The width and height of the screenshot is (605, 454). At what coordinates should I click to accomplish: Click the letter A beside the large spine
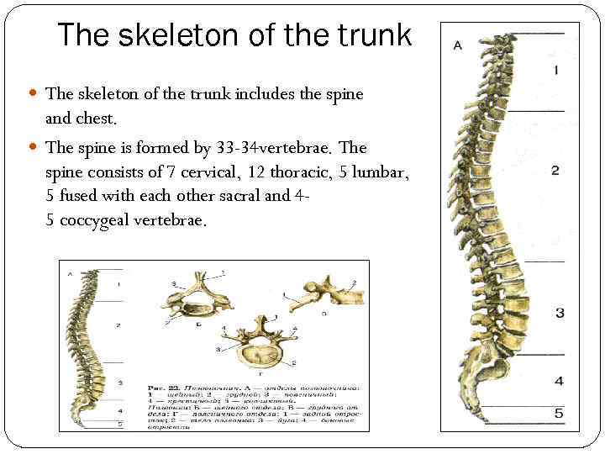click(458, 45)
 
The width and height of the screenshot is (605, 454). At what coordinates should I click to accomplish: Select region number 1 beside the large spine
click(555, 71)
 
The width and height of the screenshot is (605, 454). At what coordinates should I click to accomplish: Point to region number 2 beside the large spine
click(555, 171)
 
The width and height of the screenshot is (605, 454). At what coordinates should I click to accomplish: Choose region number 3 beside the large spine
click(559, 313)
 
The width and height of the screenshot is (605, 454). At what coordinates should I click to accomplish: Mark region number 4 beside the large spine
click(559, 381)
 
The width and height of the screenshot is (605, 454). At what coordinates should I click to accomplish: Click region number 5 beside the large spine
click(559, 413)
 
